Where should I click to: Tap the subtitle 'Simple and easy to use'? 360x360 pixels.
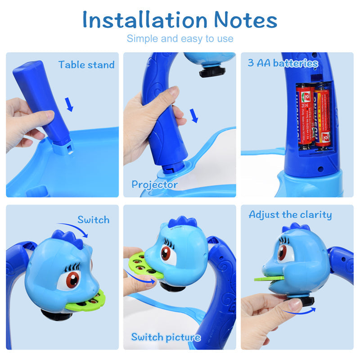(x=180, y=39)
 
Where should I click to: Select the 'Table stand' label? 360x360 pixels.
(x=86, y=65)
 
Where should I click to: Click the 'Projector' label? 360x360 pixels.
(x=154, y=184)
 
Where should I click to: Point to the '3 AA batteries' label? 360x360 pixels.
(x=283, y=63)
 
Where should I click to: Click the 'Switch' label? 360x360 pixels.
(x=93, y=220)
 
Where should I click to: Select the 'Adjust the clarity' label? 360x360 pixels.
(x=290, y=215)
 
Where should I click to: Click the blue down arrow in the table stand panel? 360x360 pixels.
(x=69, y=104)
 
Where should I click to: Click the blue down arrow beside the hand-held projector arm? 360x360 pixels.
(x=194, y=116)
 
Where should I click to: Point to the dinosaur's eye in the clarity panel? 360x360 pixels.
(x=283, y=252)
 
